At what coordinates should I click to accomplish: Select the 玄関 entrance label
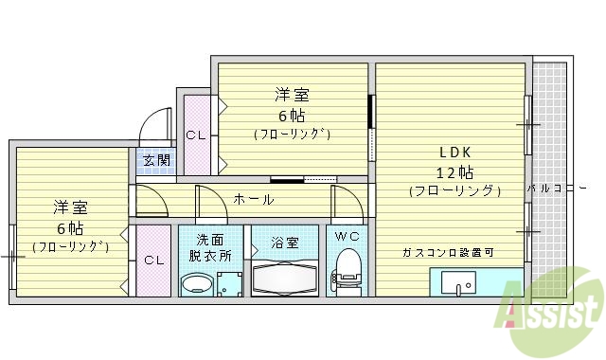pyautogui.click(x=157, y=160)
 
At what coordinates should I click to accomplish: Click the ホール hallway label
pyautogui.click(x=254, y=199)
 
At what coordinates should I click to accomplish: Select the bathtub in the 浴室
pyautogui.click(x=286, y=279)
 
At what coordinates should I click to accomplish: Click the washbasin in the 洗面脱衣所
pyautogui.click(x=197, y=283)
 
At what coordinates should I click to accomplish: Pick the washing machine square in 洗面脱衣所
pyautogui.click(x=229, y=283)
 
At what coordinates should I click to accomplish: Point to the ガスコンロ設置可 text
pyautogui.click(x=448, y=252)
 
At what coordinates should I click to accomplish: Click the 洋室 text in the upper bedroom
pyautogui.click(x=292, y=95)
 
